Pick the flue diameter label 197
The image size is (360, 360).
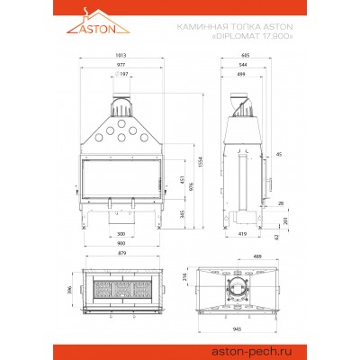coord(124,75)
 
